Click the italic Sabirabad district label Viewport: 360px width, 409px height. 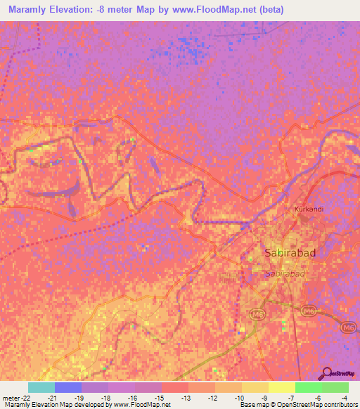pyautogui.click(x=284, y=273)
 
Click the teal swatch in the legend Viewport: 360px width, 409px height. pyautogui.click(x=41, y=387)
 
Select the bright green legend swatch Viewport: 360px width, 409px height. pyautogui.click(x=308, y=387)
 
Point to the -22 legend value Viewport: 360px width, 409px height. pyautogui.click(x=27, y=397)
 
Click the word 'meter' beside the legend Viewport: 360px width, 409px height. pyautogui.click(x=11, y=397)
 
